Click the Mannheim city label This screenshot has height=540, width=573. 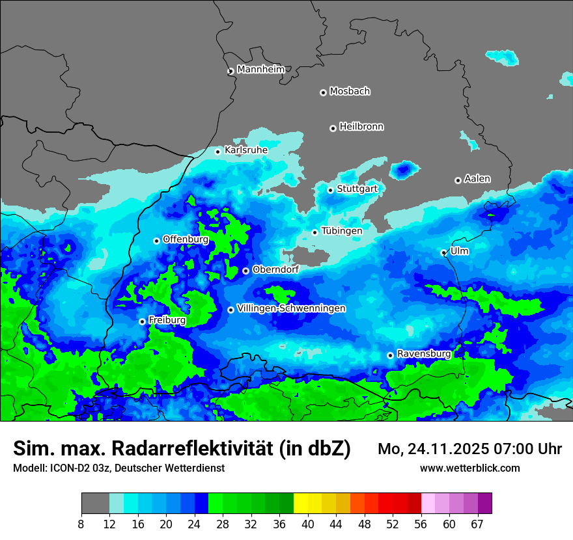point(261,69)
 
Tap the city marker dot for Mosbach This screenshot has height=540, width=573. point(323,92)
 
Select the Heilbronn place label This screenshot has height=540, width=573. point(361,126)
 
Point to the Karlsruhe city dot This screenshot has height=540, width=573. point(218,152)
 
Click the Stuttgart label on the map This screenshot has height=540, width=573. point(357,189)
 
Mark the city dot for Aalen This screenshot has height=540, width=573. point(458,180)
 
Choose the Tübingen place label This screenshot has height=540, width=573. point(342,230)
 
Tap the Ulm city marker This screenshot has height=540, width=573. point(443,252)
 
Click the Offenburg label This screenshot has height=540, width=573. point(186,239)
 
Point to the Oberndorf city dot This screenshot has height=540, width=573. point(245,271)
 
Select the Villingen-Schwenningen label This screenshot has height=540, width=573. point(291,308)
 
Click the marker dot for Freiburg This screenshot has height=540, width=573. point(142,321)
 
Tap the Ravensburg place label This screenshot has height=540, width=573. point(424,354)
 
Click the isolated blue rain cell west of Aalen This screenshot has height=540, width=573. point(403,170)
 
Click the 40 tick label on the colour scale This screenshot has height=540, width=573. point(308,524)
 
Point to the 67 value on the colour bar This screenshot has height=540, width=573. point(477,524)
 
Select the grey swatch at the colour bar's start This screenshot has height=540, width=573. point(95,504)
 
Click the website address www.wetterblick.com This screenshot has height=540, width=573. point(469,468)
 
